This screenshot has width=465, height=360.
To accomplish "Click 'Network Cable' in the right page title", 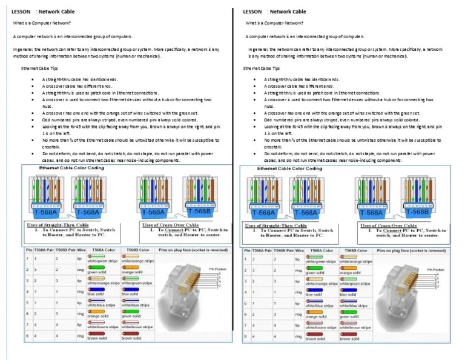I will click(x=288, y=12).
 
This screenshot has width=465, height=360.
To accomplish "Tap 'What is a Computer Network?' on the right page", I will click(x=274, y=23).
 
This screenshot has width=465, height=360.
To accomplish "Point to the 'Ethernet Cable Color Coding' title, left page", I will click(x=63, y=167).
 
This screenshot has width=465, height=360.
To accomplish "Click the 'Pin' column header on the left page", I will click(x=28, y=250).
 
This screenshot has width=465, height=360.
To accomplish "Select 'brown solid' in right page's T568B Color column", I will click(x=349, y=338).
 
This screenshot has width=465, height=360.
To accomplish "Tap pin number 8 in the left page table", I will click(x=27, y=335).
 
